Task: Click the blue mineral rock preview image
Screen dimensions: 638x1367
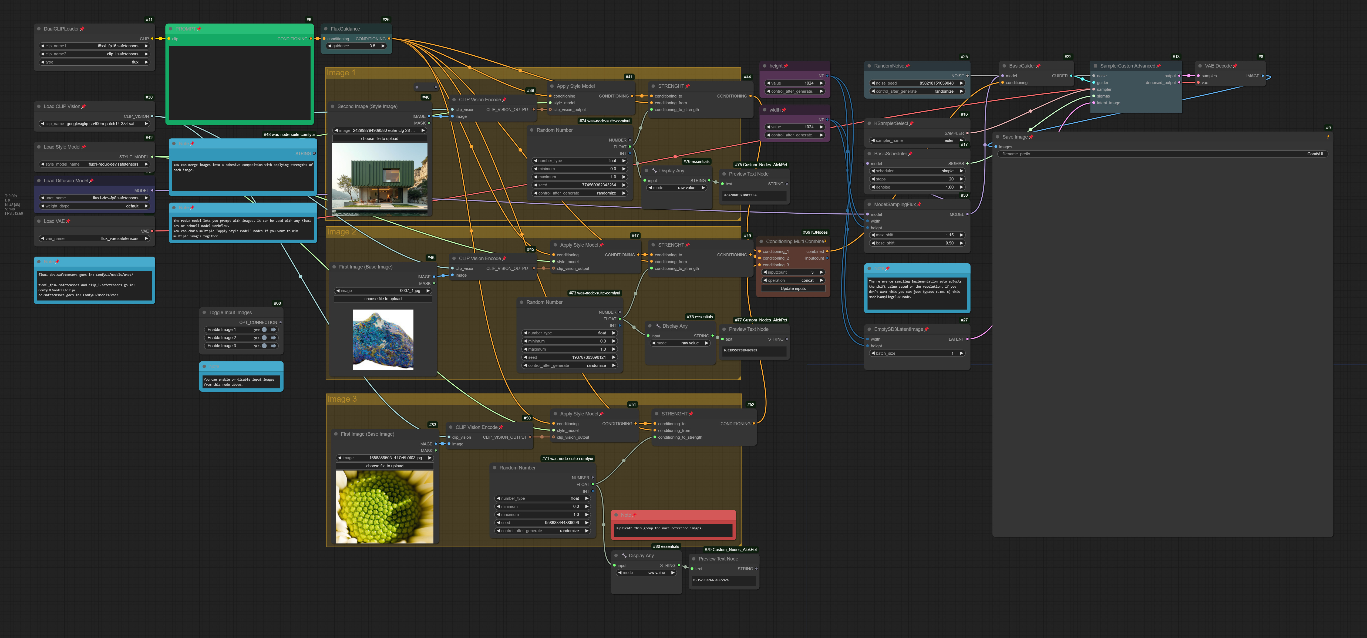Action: tap(383, 340)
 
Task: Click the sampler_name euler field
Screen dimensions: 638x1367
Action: tap(917, 141)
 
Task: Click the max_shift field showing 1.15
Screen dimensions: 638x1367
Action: tap(917, 235)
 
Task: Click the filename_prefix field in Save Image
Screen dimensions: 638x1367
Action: tap(1162, 154)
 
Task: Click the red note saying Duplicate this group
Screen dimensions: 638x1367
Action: tap(673, 528)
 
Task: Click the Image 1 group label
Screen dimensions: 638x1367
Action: tap(341, 73)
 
